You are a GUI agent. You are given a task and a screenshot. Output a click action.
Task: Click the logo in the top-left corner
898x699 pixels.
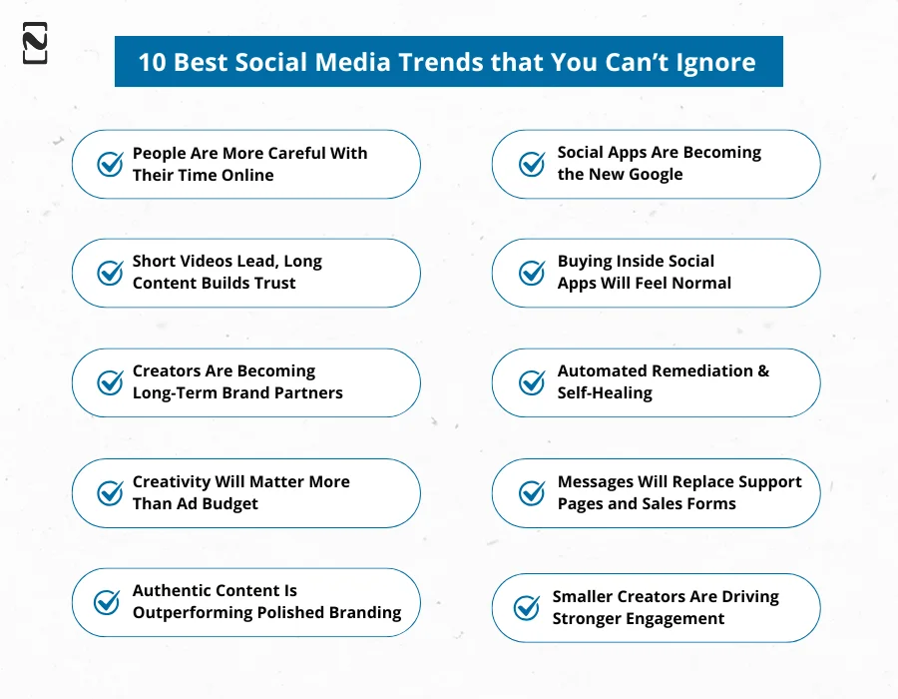pos(35,42)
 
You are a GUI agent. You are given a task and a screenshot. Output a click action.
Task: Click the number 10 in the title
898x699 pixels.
pos(152,62)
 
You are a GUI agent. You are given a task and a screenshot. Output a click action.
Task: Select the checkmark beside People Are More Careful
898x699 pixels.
pos(110,164)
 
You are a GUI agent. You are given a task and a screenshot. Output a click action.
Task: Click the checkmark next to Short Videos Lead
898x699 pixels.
pos(110,273)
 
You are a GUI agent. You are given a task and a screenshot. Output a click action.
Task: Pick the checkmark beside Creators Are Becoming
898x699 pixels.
pos(110,382)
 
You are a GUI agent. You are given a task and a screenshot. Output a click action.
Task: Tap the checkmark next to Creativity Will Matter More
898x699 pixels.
pos(110,493)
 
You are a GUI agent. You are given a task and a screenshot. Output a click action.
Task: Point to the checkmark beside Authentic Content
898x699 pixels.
pos(107,602)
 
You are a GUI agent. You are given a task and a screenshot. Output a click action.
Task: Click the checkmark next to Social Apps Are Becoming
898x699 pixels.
pos(533,164)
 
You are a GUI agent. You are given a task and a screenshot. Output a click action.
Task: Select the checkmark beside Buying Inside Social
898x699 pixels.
pos(533,273)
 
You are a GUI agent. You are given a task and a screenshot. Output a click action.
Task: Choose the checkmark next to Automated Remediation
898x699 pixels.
pos(533,382)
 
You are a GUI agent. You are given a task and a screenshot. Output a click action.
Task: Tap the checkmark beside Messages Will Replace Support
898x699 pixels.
pos(533,493)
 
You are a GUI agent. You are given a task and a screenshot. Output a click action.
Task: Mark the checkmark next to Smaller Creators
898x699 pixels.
pos(527,607)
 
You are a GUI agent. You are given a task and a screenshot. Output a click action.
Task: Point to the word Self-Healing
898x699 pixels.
pos(605,392)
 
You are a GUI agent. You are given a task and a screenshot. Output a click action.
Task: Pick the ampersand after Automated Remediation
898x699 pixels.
pos(763,370)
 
